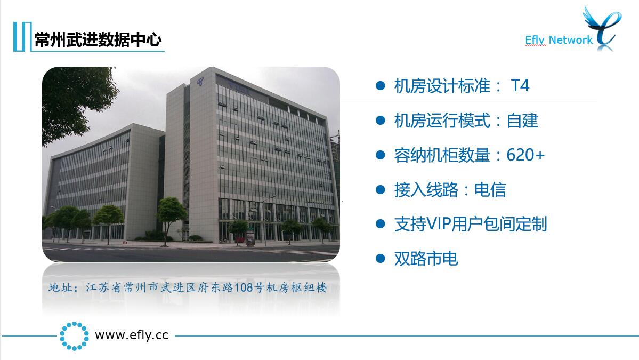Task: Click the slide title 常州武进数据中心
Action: click(x=98, y=40)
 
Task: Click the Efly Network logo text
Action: click(x=559, y=40)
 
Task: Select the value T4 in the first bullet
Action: click(x=520, y=86)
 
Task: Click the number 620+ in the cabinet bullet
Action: click(x=525, y=155)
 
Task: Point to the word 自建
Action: click(x=522, y=121)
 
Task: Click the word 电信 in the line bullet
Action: click(x=490, y=190)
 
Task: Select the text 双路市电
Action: click(x=426, y=259)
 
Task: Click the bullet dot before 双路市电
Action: click(x=380, y=259)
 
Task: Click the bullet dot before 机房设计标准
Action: click(x=380, y=85)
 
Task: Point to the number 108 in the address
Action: click(x=244, y=288)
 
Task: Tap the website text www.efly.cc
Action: click(x=132, y=335)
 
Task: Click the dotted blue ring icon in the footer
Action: click(x=74, y=336)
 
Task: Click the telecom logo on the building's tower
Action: click(x=200, y=82)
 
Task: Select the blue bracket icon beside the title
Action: click(x=22, y=37)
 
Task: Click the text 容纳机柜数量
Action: click(x=442, y=155)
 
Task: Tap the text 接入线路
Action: click(x=426, y=190)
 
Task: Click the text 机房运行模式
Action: click(x=442, y=121)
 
